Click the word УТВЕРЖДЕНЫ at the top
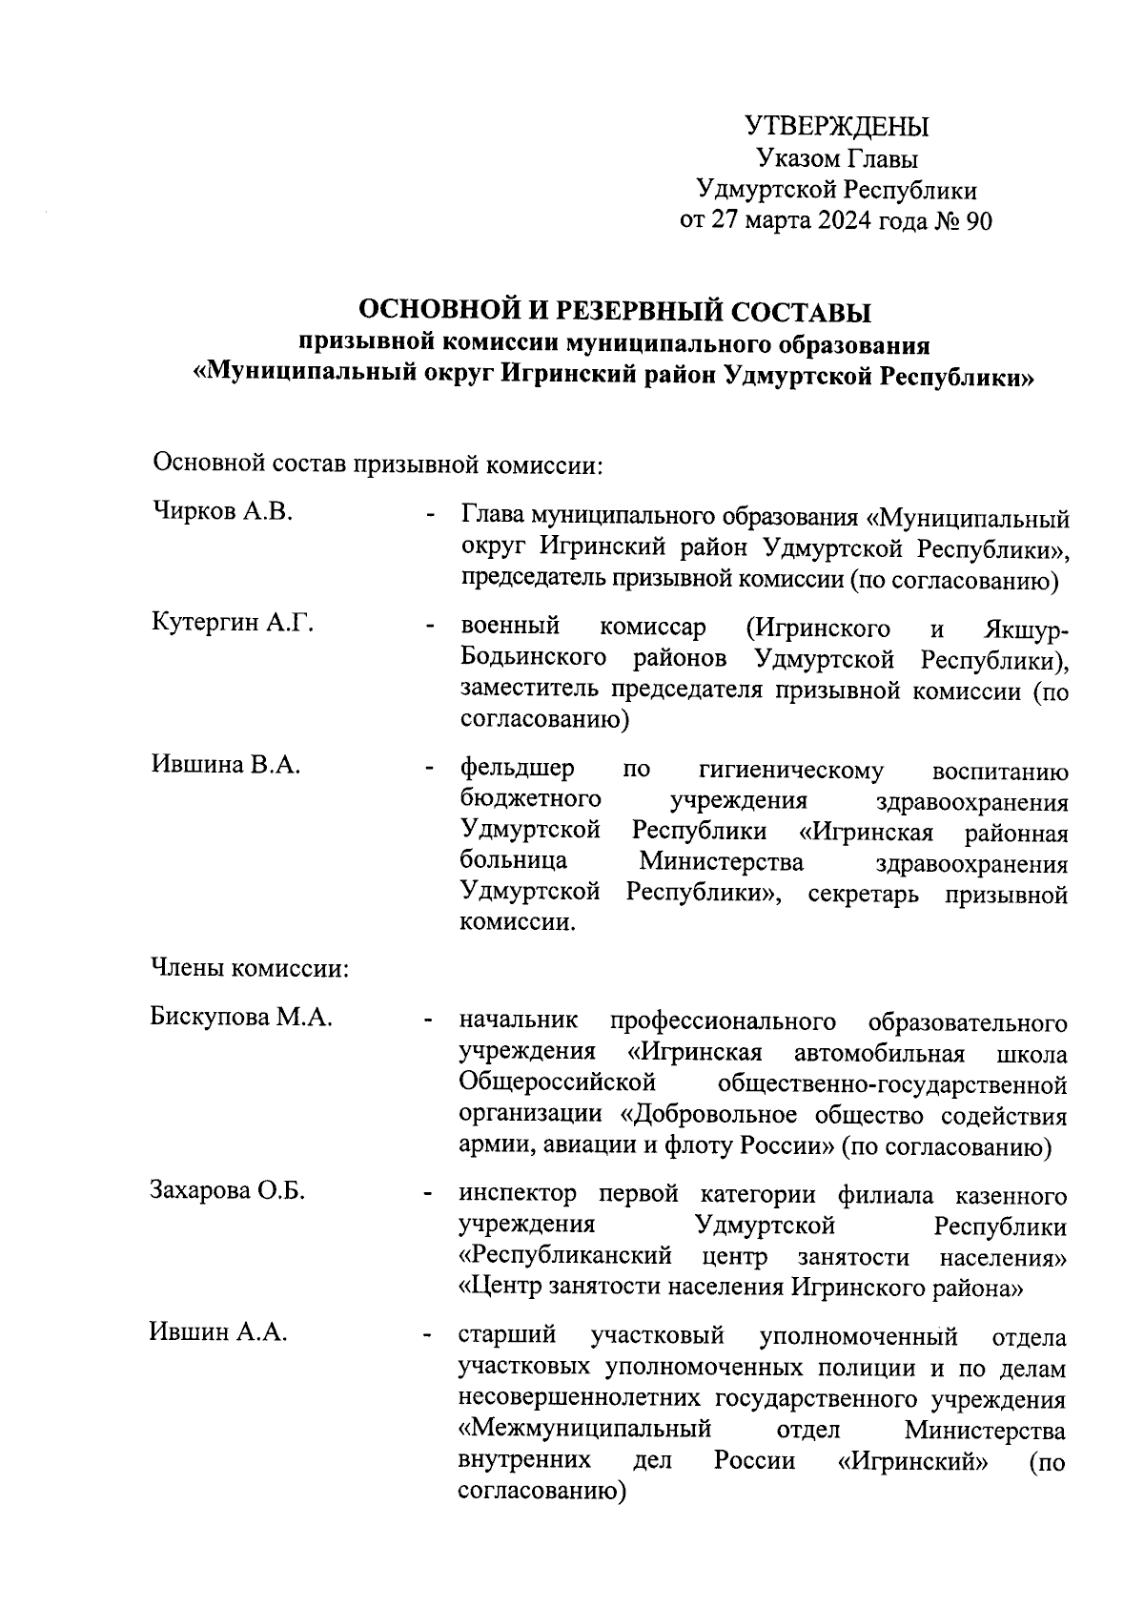tap(836, 127)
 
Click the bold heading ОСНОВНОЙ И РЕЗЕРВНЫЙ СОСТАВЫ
tap(614, 310)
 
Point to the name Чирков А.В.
tap(221, 512)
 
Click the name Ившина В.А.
tap(226, 765)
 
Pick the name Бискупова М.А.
tap(241, 1018)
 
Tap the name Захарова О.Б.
tap(227, 1191)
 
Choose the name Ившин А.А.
tap(218, 1332)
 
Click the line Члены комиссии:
tap(250, 970)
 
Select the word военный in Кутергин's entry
tap(509, 628)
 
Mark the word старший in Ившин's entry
tap(507, 1336)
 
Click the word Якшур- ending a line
tap(1023, 629)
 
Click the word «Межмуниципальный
tap(585, 1429)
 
